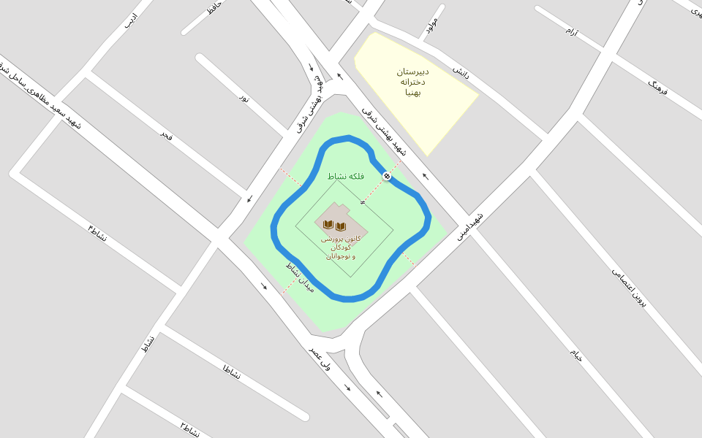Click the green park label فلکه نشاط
pyautogui.click(x=346, y=177)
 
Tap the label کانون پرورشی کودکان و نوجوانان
pyautogui.click(x=341, y=247)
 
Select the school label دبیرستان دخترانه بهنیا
pyautogui.click(x=413, y=82)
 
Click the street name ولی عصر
pyautogui.click(x=320, y=358)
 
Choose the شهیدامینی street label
pyautogui.click(x=470, y=226)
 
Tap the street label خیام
pyautogui.click(x=577, y=356)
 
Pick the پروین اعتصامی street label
pyautogui.click(x=630, y=288)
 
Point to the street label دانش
pyautogui.click(x=460, y=71)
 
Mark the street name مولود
pyautogui.click(x=431, y=24)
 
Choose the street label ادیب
pyautogui.click(x=130, y=20)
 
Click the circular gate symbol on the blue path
pyautogui.click(x=387, y=176)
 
